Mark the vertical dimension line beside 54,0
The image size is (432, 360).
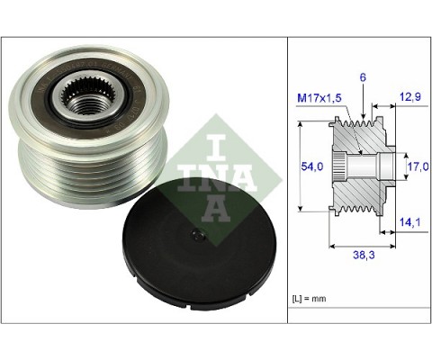point(297,168)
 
